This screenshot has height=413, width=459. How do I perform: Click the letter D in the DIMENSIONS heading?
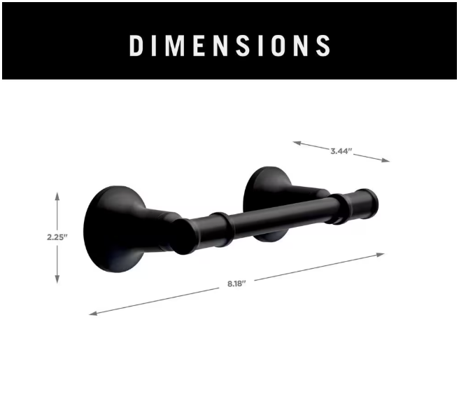(x=136, y=45)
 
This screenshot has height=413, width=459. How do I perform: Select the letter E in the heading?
(x=199, y=45)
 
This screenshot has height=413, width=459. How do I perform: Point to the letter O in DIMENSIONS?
(x=278, y=45)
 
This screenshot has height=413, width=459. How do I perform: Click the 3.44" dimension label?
(x=341, y=151)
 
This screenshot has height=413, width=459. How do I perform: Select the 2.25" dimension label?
(x=57, y=237)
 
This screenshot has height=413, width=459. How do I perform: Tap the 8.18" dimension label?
(x=236, y=283)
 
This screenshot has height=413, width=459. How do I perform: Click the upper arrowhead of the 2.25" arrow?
(x=57, y=196)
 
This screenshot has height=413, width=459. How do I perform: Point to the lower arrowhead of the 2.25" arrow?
(x=57, y=279)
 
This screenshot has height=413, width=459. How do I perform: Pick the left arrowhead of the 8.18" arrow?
(x=93, y=313)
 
